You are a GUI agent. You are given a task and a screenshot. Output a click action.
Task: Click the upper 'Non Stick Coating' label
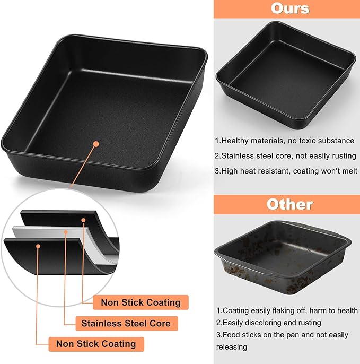point(141,302)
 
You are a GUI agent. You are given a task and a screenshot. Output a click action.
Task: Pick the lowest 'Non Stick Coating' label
point(95,344)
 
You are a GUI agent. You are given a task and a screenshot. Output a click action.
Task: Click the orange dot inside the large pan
point(95,144)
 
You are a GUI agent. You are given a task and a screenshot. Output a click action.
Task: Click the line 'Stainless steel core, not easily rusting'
point(283,156)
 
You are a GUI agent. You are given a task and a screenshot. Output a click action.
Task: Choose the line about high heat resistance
point(286,171)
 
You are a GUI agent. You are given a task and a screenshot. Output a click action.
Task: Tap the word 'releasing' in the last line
point(231,347)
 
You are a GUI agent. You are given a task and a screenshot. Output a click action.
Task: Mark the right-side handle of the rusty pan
point(347,242)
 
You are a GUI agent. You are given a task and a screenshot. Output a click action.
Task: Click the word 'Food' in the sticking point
point(230,335)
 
